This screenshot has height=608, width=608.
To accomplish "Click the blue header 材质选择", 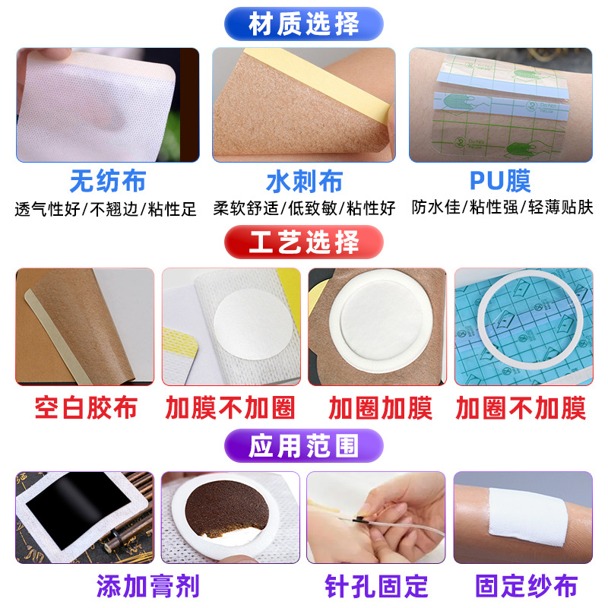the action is click(304, 24).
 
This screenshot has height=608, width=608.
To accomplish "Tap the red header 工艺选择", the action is click(304, 242).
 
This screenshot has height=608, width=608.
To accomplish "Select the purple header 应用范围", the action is click(304, 445).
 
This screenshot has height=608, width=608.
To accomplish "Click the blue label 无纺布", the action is click(108, 181).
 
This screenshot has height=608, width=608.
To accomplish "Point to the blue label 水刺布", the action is click(305, 181).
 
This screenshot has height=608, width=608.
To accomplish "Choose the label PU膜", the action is click(500, 181).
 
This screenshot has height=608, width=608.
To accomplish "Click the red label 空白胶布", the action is click(86, 407).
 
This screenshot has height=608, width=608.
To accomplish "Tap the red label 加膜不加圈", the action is click(230, 407).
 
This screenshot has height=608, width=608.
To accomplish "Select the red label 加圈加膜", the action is click(380, 408).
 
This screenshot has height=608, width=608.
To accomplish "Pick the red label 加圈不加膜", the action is click(521, 408).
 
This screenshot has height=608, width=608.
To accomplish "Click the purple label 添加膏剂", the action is click(148, 586).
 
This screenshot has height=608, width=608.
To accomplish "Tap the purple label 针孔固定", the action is click(376, 586).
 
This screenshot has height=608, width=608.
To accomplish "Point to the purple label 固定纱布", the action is click(527, 586).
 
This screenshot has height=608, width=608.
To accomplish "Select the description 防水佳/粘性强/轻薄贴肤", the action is click(502, 207).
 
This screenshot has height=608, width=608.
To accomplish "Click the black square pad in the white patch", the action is click(78, 507).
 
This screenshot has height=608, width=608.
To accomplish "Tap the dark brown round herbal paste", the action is click(227, 508).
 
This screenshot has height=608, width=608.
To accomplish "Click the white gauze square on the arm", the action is click(528, 517).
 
